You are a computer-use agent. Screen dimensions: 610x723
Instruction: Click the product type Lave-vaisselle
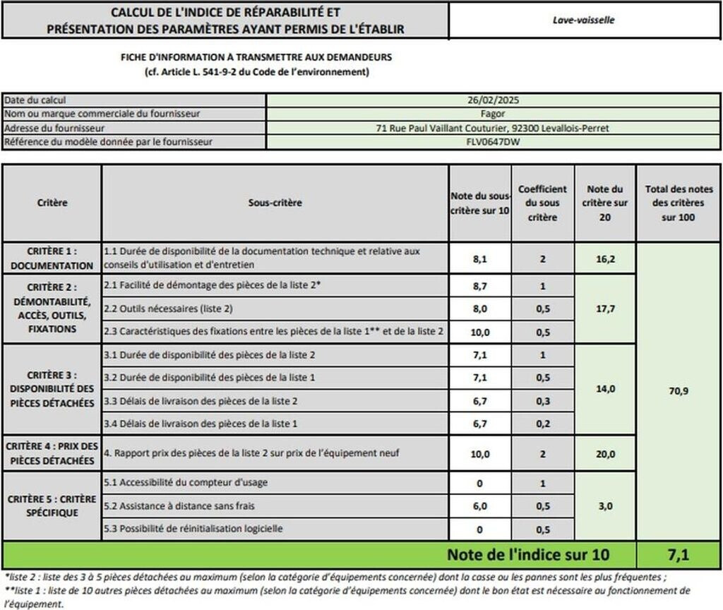(583, 20)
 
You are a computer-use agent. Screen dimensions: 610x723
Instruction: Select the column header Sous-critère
(275, 203)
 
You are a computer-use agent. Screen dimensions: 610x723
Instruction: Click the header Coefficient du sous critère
(542, 203)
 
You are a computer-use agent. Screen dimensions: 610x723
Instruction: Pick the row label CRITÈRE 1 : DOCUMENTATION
(52, 258)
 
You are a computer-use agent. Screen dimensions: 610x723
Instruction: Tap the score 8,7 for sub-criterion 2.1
(480, 287)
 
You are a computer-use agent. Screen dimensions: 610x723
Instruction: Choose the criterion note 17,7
(604, 308)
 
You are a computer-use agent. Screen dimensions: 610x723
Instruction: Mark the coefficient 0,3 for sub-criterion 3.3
(542, 401)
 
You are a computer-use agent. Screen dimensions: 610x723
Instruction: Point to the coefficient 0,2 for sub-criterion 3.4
(542, 424)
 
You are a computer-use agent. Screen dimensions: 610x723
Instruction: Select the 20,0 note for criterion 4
(604, 454)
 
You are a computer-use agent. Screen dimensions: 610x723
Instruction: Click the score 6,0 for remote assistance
(480, 506)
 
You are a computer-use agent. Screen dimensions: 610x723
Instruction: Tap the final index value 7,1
(678, 555)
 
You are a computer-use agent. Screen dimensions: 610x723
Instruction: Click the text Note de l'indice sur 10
(527, 555)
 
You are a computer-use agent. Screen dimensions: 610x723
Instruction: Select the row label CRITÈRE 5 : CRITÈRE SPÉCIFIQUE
(52, 506)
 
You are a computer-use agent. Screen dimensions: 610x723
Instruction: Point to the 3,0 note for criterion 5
(604, 506)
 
